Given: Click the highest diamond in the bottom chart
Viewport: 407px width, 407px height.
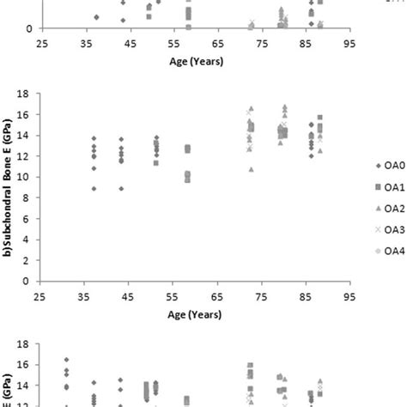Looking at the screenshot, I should point(66,360).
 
